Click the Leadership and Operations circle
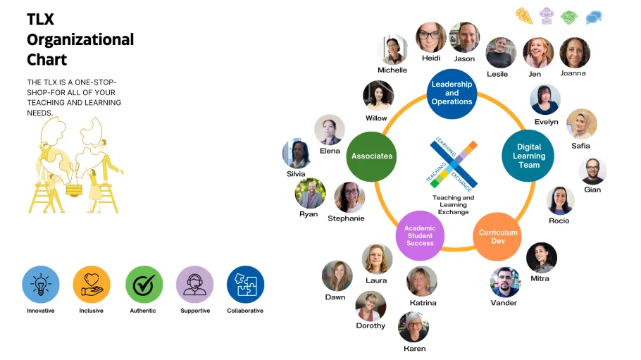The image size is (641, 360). point(452,93)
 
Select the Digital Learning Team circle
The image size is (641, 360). point(528,156)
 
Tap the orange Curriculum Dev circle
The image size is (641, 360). point(498,237)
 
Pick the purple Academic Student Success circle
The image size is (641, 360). point(420,236)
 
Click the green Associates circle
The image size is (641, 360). point(371,156)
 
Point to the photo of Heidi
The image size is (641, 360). point(430,37)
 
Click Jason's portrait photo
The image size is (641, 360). point(464,37)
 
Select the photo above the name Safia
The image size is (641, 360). point(581,124)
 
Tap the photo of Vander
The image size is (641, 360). point(504,282)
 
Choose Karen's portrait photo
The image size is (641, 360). point(413,327)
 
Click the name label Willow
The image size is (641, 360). point(376,118)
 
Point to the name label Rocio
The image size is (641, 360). point(559,221)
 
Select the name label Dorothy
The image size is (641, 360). point(371,325)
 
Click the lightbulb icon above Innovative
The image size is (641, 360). point(41,285)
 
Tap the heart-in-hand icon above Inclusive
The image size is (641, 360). point(92,285)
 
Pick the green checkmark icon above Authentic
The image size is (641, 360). point(144,285)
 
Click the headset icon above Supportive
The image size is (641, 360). point(194,285)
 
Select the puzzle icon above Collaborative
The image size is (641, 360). point(245,285)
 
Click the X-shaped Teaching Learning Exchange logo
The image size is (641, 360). point(454,164)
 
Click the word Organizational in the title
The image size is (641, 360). point(80,39)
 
